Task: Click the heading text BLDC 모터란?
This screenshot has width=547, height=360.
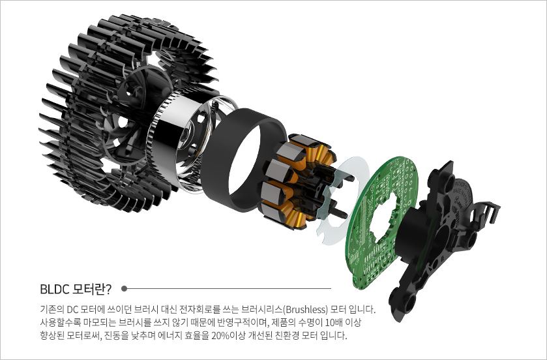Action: (x=76, y=289)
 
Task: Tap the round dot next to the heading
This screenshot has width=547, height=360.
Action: (x=124, y=289)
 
